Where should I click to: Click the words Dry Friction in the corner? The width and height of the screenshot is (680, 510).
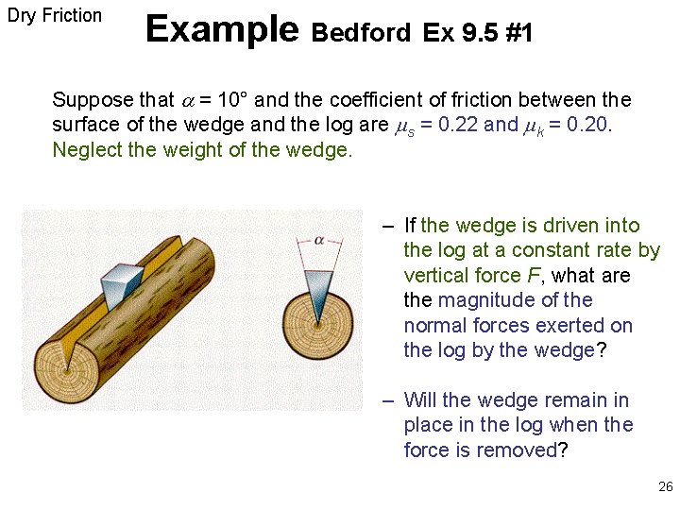pos(55,15)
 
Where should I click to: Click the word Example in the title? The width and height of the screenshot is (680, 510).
pos(222,30)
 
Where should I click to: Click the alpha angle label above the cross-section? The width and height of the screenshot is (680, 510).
pos(319,240)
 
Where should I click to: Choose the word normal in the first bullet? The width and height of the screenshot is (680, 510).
pos(434,325)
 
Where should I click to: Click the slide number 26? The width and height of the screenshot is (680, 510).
pos(665,487)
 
